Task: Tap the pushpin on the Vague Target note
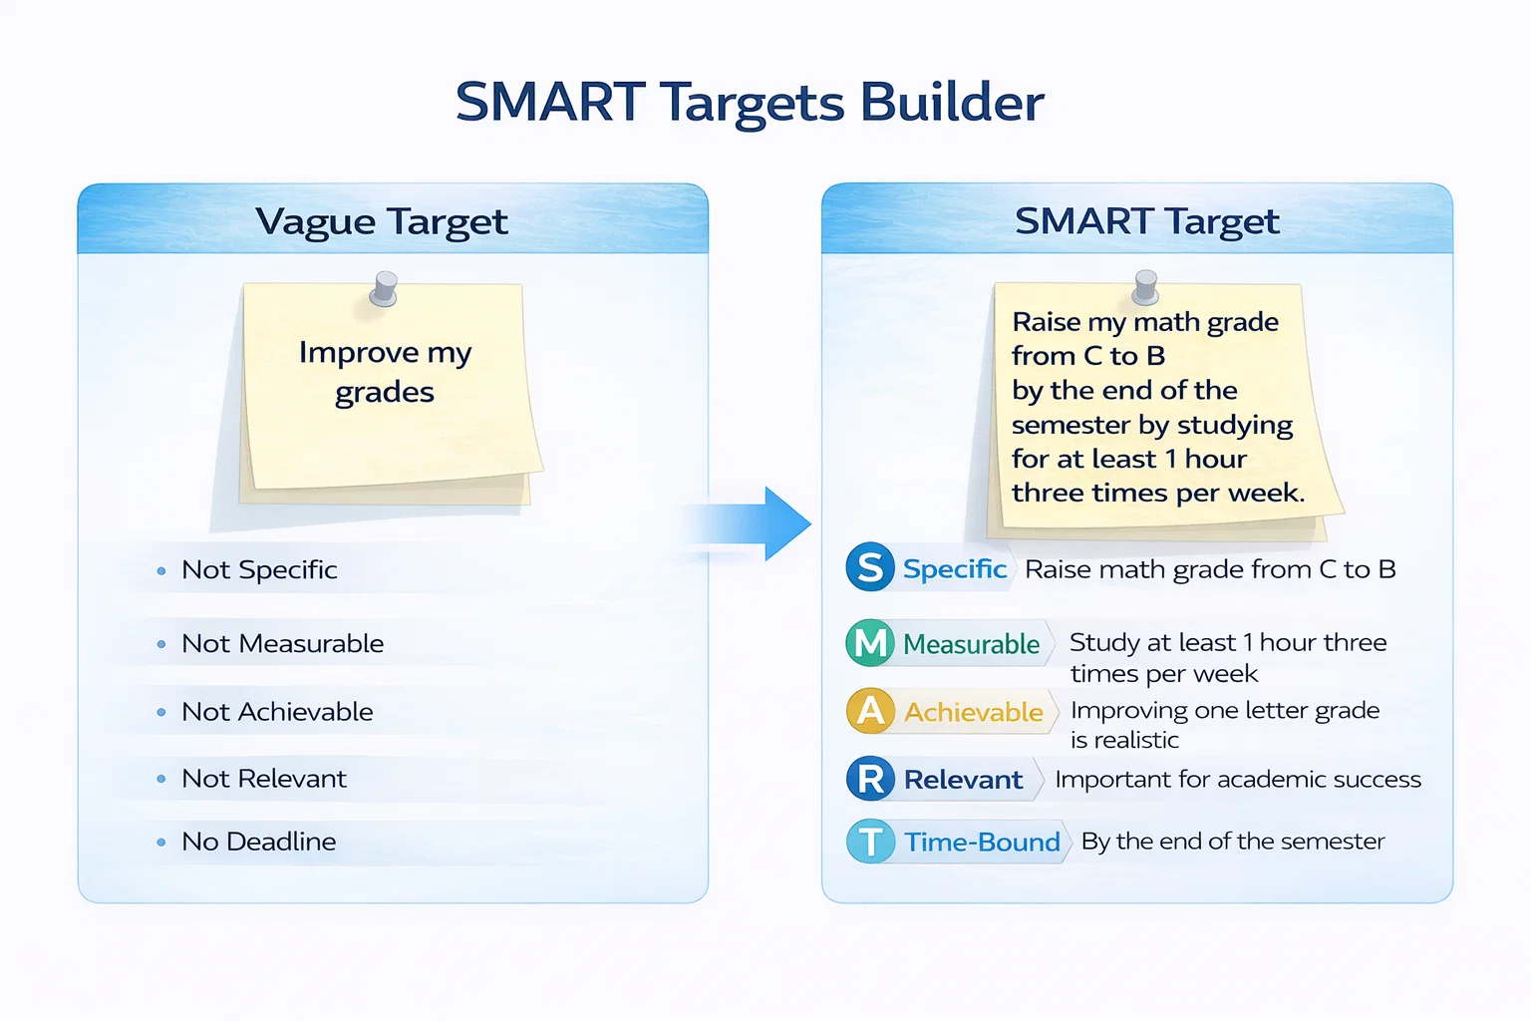pos(384,287)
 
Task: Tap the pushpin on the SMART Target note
pos(1145,286)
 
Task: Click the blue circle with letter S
pos(870,567)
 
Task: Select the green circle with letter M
pos(870,643)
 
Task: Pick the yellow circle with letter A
pos(870,711)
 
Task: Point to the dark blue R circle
pos(870,779)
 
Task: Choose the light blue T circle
pos(870,842)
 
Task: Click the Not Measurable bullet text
pos(282,644)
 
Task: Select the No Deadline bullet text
pos(258,842)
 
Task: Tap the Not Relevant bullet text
pos(264,779)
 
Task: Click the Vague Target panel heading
pos(382,221)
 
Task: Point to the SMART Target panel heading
pos(1146,221)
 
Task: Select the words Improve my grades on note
pos(385,372)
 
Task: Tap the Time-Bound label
pos(982,843)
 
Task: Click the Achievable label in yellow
pos(973,712)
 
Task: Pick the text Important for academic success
pos(1238,780)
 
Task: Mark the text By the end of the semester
pos(1233,842)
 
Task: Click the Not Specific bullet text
pos(259,570)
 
